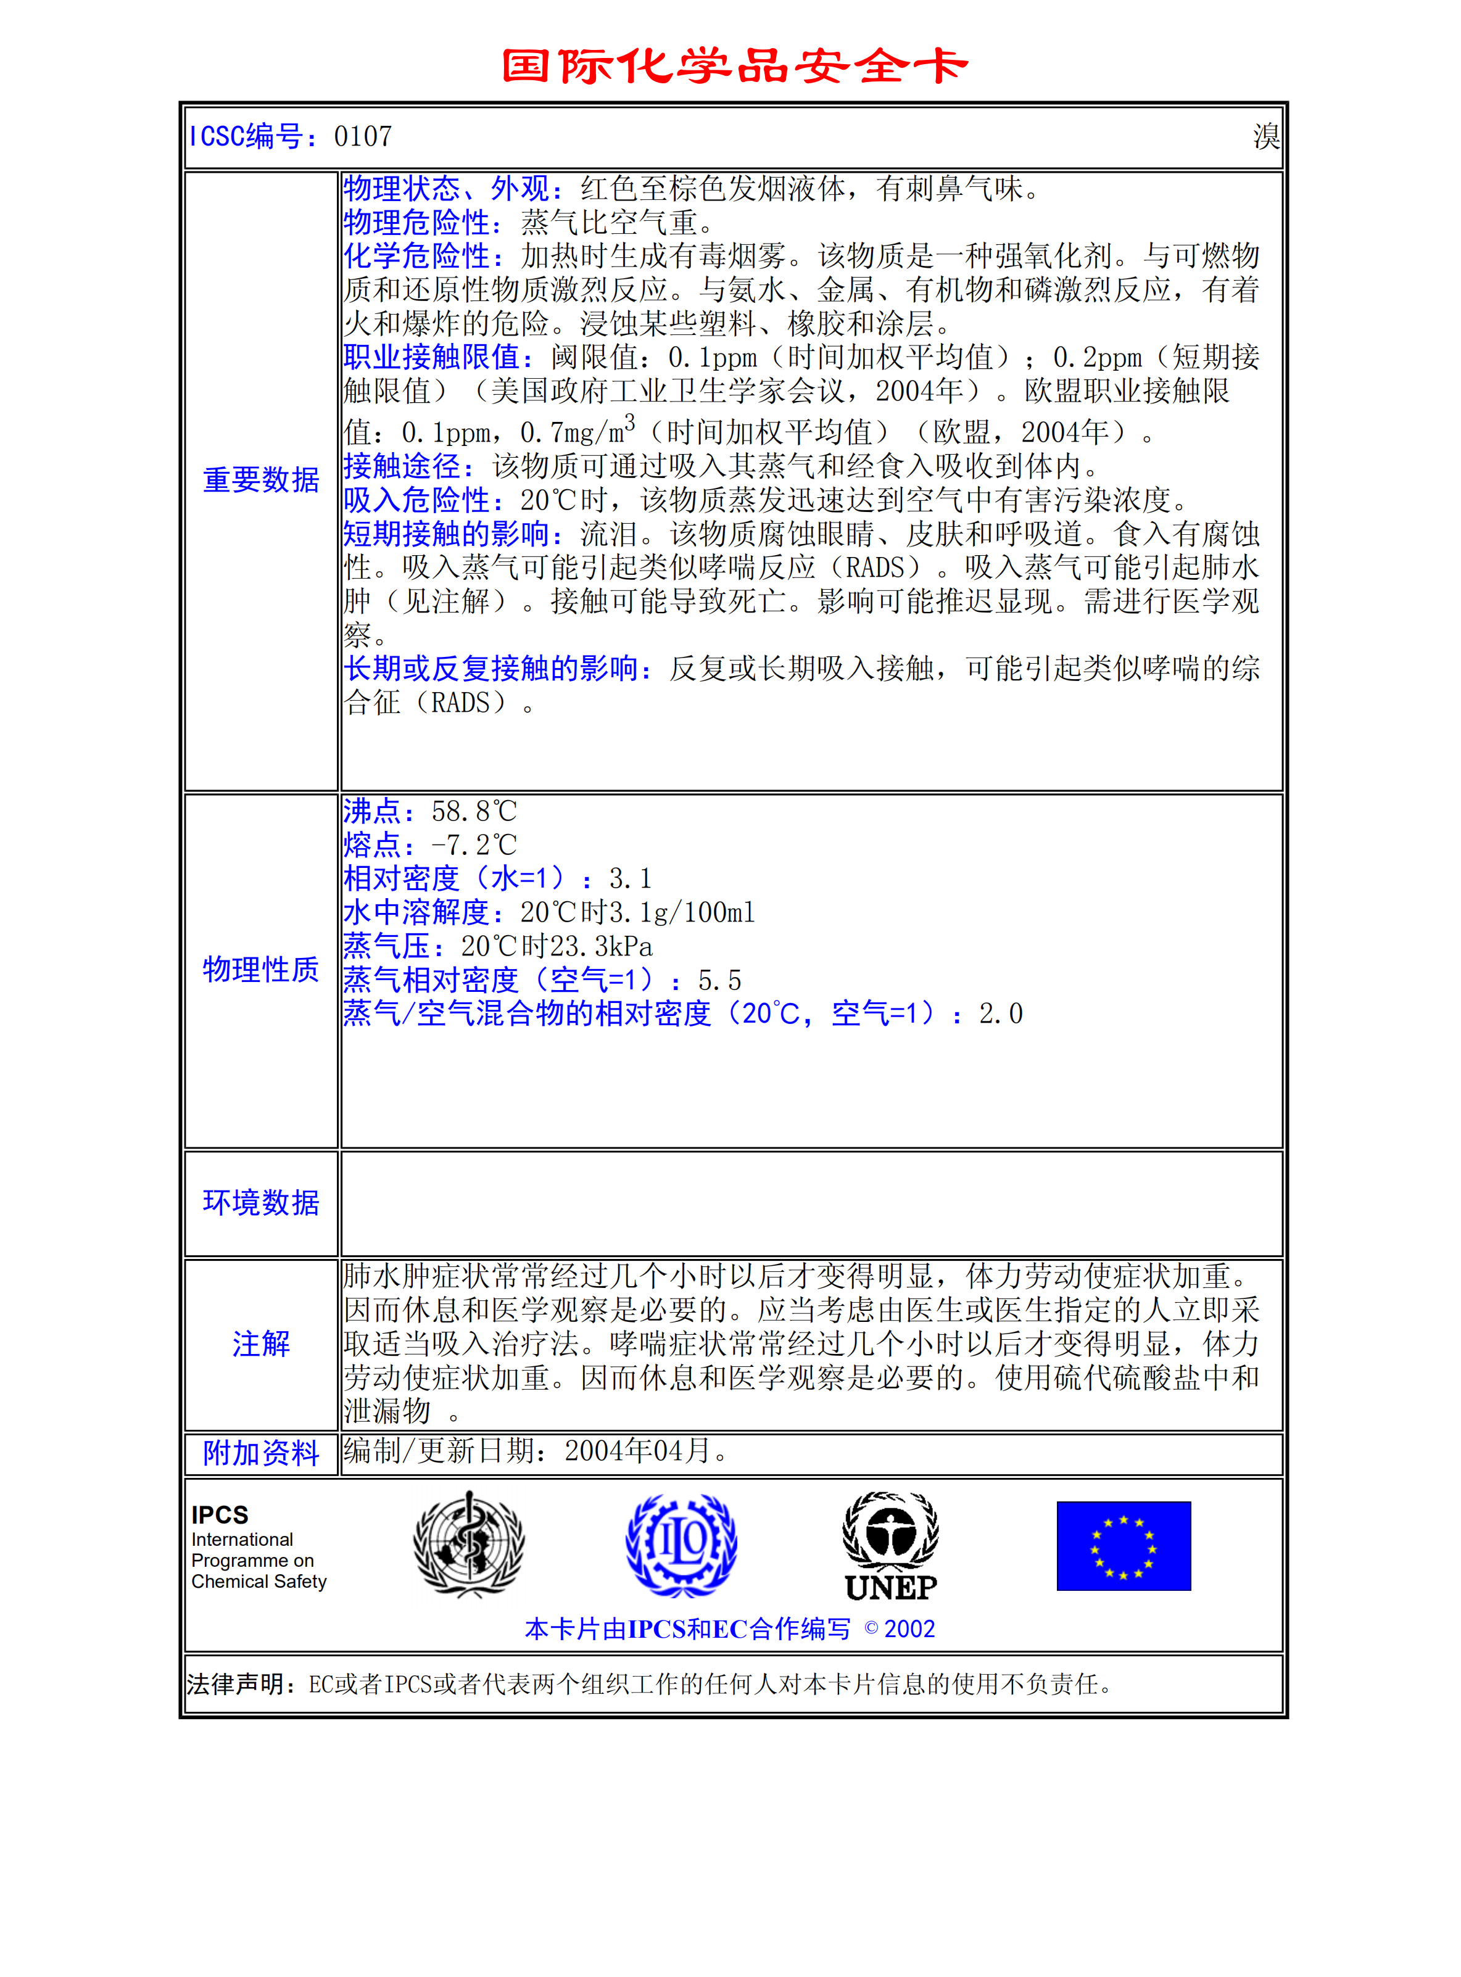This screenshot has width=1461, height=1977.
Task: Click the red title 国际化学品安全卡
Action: coord(734,67)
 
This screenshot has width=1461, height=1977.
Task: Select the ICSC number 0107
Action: coord(363,137)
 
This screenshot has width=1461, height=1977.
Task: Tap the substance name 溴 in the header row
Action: coord(1265,137)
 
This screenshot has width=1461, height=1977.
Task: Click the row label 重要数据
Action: coord(261,480)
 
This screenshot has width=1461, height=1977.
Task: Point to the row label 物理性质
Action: coord(261,970)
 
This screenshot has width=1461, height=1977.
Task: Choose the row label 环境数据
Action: coord(261,1203)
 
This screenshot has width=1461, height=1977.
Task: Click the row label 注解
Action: coord(261,1344)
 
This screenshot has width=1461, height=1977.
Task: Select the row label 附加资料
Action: coord(261,1453)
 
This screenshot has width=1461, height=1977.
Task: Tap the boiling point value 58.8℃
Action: coord(474,812)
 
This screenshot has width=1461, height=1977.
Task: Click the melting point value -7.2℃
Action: coord(474,845)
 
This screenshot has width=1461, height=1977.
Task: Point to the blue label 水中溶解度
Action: coord(416,912)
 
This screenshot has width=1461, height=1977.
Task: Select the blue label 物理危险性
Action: coord(416,222)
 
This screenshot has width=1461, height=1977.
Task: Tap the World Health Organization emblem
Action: coord(469,1545)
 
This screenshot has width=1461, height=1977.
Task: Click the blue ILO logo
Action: coord(681,1545)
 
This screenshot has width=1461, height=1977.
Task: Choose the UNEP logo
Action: coord(890,1546)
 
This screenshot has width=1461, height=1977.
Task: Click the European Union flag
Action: coord(1123,1546)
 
